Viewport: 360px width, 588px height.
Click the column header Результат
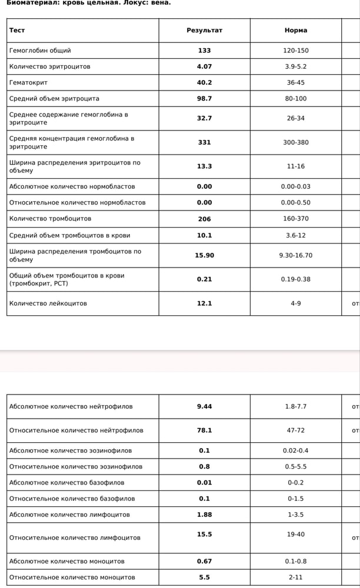pyautogui.click(x=204, y=30)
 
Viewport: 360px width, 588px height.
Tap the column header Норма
pyautogui.click(x=295, y=30)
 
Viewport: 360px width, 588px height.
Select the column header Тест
pyautogui.click(x=17, y=30)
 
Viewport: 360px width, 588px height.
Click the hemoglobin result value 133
pyautogui.click(x=204, y=51)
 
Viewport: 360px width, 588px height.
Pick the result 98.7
pyautogui.click(x=204, y=99)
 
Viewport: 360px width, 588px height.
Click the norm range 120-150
pyautogui.click(x=295, y=51)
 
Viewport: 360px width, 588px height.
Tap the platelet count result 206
pyautogui.click(x=204, y=219)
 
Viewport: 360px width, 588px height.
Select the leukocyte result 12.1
pyautogui.click(x=204, y=303)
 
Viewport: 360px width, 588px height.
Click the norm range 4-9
pyautogui.click(x=295, y=303)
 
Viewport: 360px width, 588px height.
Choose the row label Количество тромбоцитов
pyautogui.click(x=50, y=219)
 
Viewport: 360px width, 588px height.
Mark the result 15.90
pyautogui.click(x=204, y=255)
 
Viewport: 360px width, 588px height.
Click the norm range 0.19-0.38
pyautogui.click(x=295, y=279)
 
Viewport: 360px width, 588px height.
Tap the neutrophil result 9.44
pyautogui.click(x=204, y=406)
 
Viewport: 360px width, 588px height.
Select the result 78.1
pyautogui.click(x=204, y=430)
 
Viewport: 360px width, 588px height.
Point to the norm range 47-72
pyautogui.click(x=295, y=430)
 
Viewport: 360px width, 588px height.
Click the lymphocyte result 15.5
pyautogui.click(x=204, y=534)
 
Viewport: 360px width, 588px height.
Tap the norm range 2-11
pyautogui.click(x=295, y=577)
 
